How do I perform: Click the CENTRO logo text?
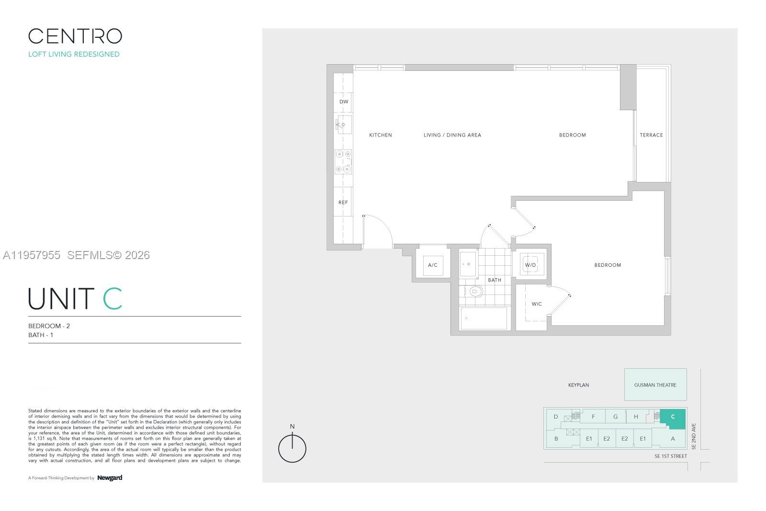(75, 36)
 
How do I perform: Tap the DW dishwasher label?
(344, 102)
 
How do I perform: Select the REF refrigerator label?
(343, 203)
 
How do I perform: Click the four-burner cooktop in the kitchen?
(343, 161)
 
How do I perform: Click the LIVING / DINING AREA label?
(452, 135)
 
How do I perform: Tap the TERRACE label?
(651, 135)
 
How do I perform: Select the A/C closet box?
(432, 265)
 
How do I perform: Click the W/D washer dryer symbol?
(530, 265)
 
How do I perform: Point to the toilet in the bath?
(473, 291)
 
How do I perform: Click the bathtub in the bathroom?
(483, 318)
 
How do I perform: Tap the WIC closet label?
(537, 304)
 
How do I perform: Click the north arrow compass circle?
(292, 449)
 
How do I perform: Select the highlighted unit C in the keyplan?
(673, 418)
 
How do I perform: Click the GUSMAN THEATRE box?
(655, 385)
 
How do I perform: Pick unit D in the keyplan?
(555, 417)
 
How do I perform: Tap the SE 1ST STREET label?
(670, 456)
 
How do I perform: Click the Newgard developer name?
(110, 477)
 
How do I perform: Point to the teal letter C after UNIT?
(113, 299)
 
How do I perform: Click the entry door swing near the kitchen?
(378, 230)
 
